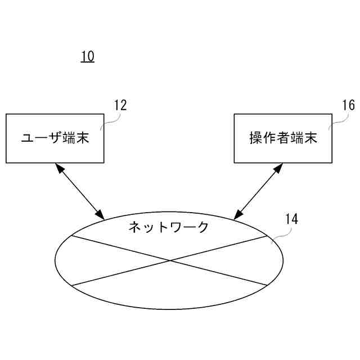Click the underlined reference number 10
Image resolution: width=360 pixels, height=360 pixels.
coord(87,56)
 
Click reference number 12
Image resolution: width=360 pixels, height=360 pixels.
coord(120,105)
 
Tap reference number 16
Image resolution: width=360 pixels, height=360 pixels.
coord(348,105)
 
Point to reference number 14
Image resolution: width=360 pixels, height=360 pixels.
coord(291,219)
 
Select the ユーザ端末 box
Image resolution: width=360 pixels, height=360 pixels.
coord(55,138)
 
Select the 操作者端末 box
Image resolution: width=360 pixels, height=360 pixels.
coord(283,138)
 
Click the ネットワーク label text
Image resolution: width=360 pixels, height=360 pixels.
coord(169,227)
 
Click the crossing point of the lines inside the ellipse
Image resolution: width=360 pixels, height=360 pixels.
coord(169,260)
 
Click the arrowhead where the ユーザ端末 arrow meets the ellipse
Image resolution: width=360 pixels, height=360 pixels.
coord(101,215)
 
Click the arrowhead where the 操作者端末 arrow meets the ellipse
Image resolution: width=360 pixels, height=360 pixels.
coord(237,214)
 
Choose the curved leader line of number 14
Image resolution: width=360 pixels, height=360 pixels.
coord(278,235)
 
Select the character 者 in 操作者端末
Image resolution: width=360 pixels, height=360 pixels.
coord(283,138)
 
